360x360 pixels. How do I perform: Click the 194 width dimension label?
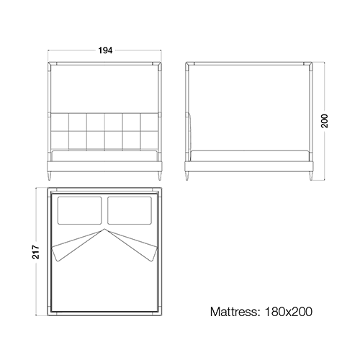(105, 50)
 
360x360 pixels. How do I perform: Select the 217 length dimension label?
(36, 252)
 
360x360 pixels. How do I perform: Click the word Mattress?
(233, 312)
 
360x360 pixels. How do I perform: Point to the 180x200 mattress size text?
(289, 312)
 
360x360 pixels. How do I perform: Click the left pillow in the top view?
(79, 210)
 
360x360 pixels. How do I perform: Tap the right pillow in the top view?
(130, 210)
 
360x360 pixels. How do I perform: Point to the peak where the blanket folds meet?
(104, 229)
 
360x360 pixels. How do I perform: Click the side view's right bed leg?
(311, 176)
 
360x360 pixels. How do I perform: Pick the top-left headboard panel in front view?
(60, 122)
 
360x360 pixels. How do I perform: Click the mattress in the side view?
(249, 156)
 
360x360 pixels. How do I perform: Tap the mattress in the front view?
(104, 156)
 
